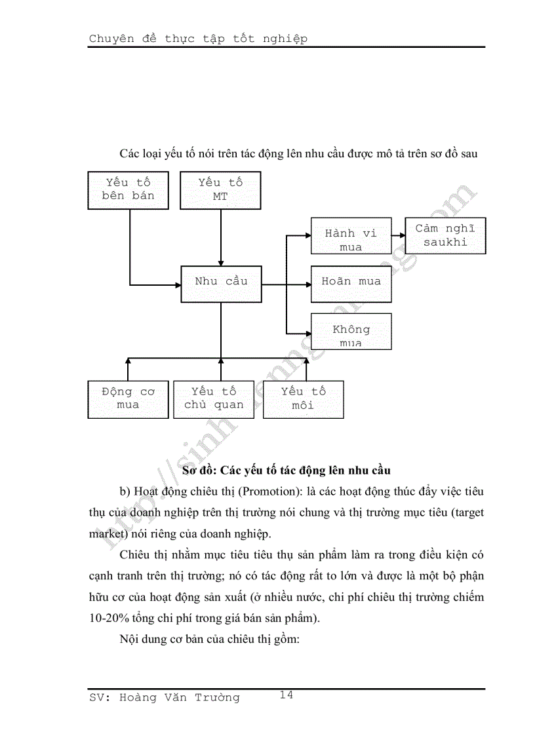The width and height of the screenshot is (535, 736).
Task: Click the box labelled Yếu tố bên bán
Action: coord(128,190)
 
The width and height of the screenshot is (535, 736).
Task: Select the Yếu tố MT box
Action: coord(220,190)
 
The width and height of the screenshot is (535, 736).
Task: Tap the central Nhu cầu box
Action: coord(221,283)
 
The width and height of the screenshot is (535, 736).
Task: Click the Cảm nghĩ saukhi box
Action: coord(445,236)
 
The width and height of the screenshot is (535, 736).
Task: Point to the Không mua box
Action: coord(351,332)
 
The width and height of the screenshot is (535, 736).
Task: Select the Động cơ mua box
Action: coord(127,399)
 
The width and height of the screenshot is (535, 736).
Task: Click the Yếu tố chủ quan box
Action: coord(213,399)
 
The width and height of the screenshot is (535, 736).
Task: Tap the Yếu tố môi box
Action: coord(303,399)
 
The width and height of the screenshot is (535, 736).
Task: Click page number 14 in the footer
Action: coord(286,695)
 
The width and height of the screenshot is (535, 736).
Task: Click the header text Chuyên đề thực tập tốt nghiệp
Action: coord(198,39)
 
